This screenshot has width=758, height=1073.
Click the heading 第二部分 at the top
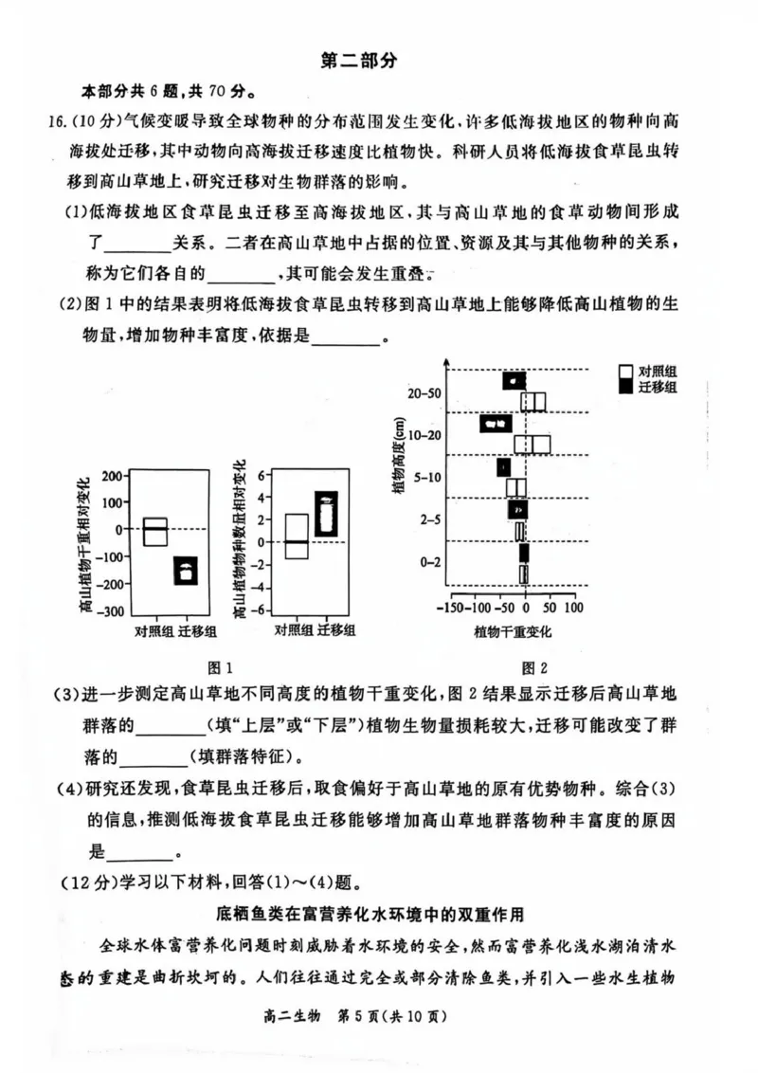click(359, 61)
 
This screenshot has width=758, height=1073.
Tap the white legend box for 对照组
click(625, 372)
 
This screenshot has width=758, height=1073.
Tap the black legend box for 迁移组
click(625, 387)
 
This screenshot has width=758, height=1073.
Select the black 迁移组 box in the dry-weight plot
click(186, 571)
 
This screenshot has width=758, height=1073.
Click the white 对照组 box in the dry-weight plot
click(155, 532)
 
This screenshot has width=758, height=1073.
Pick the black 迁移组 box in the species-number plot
click(327, 514)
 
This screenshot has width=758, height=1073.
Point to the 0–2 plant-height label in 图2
click(427, 562)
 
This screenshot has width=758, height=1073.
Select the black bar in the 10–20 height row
click(496, 424)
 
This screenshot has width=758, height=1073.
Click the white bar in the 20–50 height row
click(533, 402)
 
